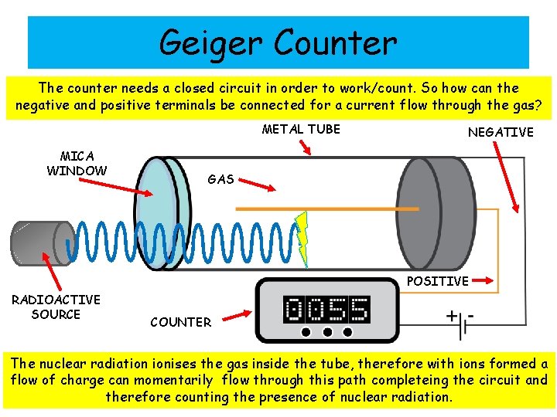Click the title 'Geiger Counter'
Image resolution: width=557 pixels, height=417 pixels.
tap(278, 42)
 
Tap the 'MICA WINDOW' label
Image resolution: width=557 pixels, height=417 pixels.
tap(77, 164)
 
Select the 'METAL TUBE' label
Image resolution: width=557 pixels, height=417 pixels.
tap(301, 129)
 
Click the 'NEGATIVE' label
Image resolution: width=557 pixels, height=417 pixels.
tap(501, 132)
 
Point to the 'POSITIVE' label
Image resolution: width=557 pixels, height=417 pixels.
tap(437, 281)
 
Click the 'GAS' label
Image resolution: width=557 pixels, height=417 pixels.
tap(220, 179)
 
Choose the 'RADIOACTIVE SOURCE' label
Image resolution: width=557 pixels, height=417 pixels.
tap(56, 307)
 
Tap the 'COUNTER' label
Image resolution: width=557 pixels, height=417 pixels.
tap(180, 322)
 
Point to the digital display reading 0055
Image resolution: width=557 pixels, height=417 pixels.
tap(326, 310)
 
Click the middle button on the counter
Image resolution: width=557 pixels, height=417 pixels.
tap(327, 333)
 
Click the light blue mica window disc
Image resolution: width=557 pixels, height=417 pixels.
tap(157, 213)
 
